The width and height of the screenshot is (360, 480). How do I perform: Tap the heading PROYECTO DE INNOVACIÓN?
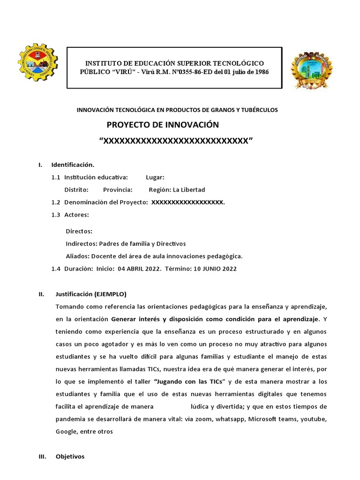click(163, 125)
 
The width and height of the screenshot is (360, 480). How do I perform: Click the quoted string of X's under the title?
click(176, 141)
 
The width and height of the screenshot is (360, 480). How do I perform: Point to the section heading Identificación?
click(73, 165)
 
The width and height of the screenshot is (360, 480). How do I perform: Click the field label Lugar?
click(155, 177)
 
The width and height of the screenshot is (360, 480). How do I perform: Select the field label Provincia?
click(118, 190)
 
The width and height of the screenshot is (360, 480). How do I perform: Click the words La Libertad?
click(189, 190)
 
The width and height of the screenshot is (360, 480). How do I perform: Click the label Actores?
click(76, 215)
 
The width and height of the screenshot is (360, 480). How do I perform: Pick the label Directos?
click(79, 231)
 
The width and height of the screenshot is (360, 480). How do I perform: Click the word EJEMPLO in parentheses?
click(110, 294)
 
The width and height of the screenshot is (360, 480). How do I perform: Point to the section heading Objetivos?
click(70, 456)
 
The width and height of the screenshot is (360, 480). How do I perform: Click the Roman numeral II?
click(41, 294)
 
